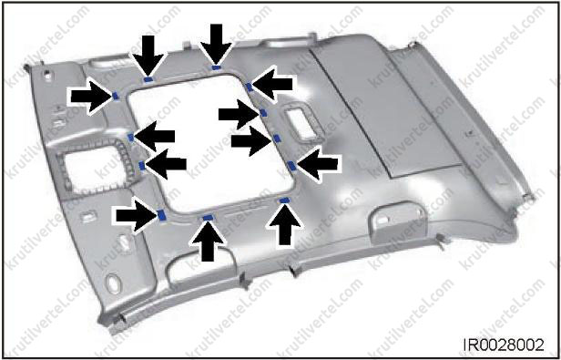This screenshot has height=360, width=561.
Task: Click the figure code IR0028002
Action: (x=504, y=345)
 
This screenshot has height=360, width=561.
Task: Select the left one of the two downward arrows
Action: (x=148, y=55)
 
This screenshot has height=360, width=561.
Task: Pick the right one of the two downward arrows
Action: (x=216, y=44)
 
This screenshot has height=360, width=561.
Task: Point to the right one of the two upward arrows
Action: (x=285, y=224)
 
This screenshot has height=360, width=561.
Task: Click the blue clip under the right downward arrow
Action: (x=216, y=67)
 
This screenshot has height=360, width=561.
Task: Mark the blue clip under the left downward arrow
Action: (x=148, y=79)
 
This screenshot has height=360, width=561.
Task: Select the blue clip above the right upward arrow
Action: (x=284, y=201)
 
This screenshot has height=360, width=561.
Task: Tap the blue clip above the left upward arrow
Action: (x=208, y=217)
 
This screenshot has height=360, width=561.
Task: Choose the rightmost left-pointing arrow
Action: (x=317, y=165)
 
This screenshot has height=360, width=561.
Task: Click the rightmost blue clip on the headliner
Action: (x=292, y=166)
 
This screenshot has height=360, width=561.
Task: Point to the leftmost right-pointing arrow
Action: (x=91, y=97)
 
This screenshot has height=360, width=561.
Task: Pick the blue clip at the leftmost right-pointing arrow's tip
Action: (x=116, y=96)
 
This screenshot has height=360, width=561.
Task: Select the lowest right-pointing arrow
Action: (x=137, y=216)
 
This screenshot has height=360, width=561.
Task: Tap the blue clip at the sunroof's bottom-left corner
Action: (x=162, y=215)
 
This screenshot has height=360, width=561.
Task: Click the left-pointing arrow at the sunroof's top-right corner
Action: (x=272, y=84)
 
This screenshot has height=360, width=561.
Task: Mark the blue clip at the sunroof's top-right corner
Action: (x=250, y=87)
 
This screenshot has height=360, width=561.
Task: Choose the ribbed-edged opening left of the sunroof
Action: (x=94, y=167)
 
